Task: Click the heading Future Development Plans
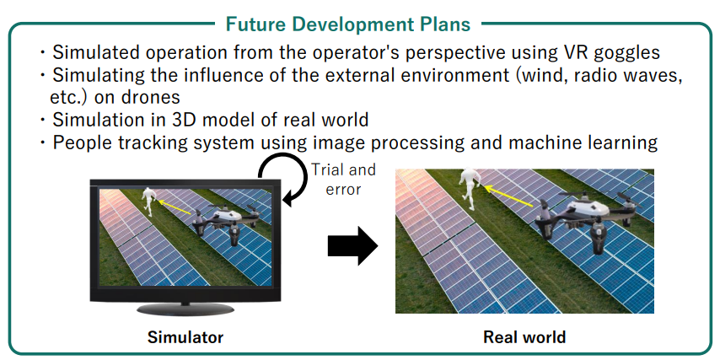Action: point(348,24)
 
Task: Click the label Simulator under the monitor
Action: point(185,337)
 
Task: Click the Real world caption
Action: point(524,337)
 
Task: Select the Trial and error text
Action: point(343,179)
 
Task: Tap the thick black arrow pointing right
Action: point(352,246)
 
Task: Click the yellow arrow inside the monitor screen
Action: point(174,207)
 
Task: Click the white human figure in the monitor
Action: point(148,201)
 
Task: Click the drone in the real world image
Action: point(589,216)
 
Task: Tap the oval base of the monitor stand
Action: point(185,309)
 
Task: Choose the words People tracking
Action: point(120,142)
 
